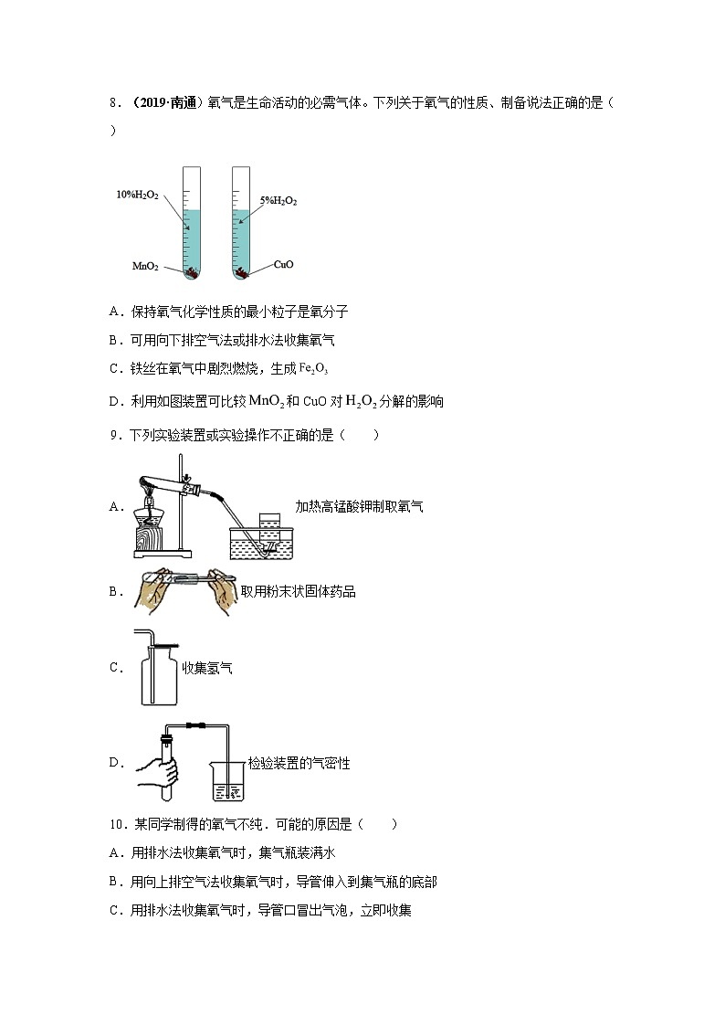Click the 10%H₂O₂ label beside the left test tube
pos(137,195)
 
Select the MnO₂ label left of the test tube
pos(145,267)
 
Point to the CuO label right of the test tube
pos(283,265)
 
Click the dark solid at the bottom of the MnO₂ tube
pos(193,271)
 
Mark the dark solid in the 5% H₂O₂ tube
pos(241,271)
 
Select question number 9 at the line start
pos(114,435)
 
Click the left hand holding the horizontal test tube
pos(154,593)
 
